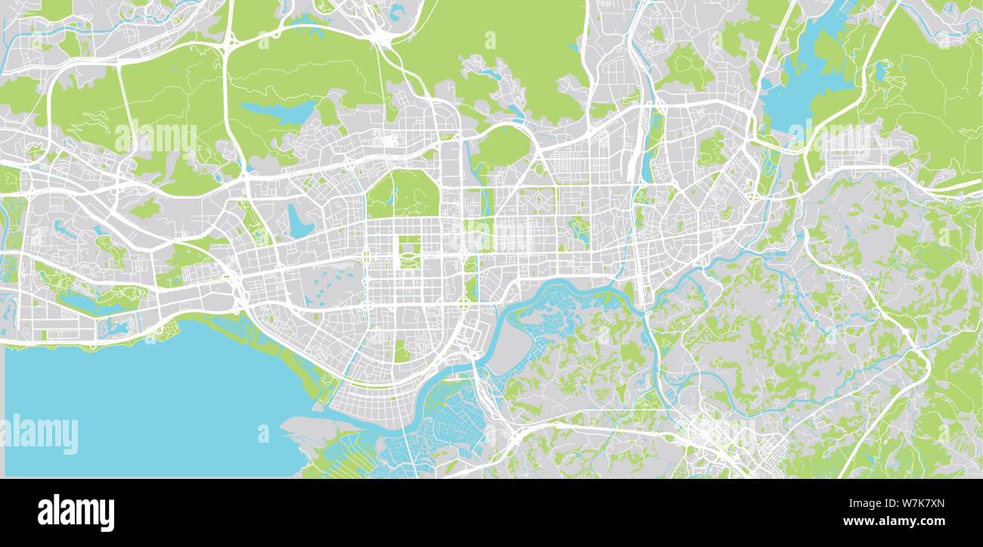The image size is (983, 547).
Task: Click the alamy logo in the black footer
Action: pyautogui.click(x=76, y=512)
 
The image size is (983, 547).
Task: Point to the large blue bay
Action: pyautogui.click(x=151, y=401)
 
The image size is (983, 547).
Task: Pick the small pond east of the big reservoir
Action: pyautogui.click(x=880, y=72)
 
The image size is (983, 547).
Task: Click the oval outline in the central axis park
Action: pyautogui.click(x=409, y=261)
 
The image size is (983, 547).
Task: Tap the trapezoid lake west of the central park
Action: pyautogui.click(x=298, y=221)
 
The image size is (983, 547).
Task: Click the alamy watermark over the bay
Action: pyautogui.click(x=39, y=434)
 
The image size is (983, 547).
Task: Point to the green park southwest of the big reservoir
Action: pyautogui.click(x=711, y=148)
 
